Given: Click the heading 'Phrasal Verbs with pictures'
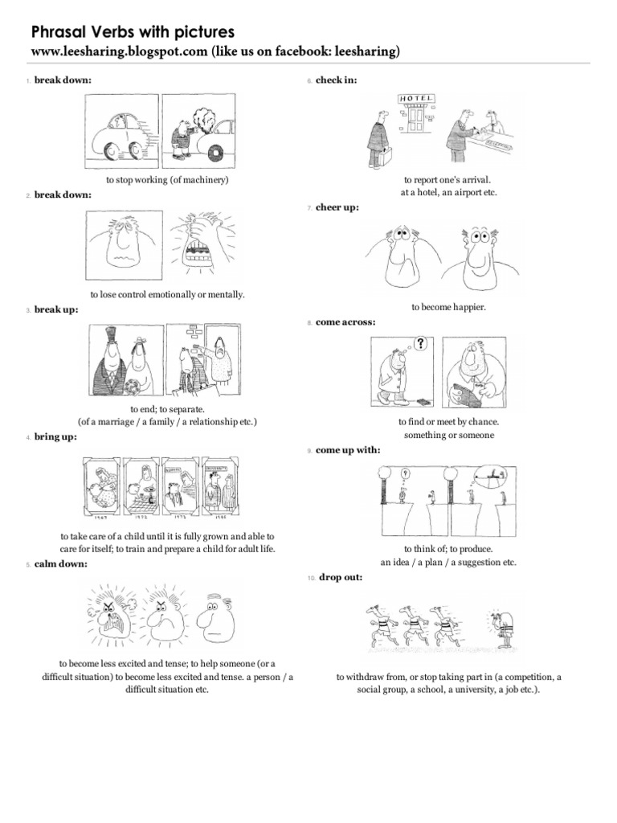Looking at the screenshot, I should (x=133, y=32).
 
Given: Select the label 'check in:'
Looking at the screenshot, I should (x=337, y=80).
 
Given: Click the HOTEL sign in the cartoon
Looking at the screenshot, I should (x=417, y=98).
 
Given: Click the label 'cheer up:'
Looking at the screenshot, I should (x=337, y=207).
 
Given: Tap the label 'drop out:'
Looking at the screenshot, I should (x=340, y=578).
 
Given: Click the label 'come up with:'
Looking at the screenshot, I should (x=348, y=450).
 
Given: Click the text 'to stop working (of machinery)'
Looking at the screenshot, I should (x=167, y=180).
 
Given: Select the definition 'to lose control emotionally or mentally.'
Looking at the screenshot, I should (x=167, y=295).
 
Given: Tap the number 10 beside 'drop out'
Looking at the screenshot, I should (x=311, y=579).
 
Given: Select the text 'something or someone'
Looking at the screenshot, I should (x=448, y=435).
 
